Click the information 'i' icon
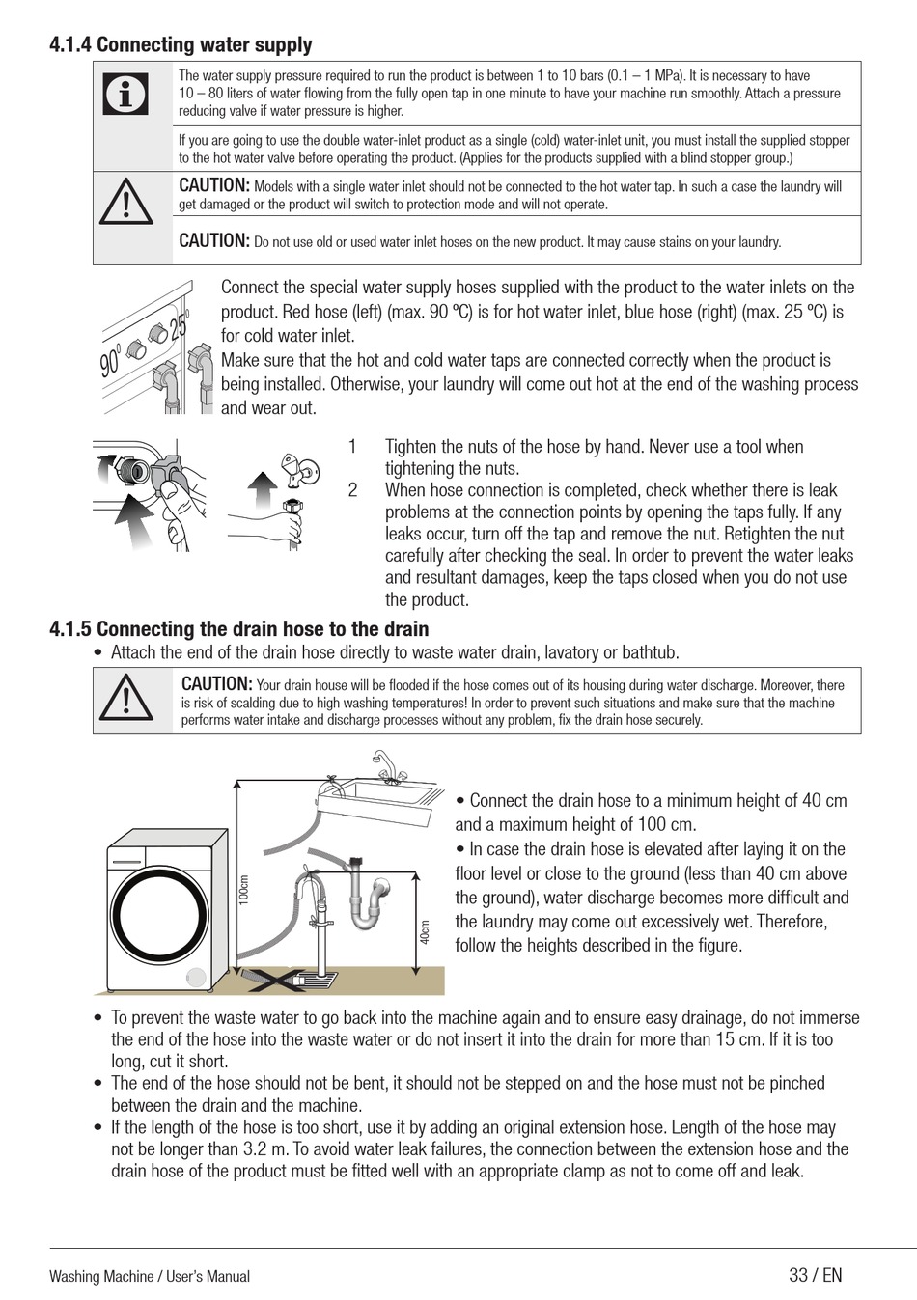pyautogui.click(x=125, y=94)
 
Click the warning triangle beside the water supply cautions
pyautogui.click(x=125, y=202)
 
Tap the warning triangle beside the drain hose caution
pyautogui.click(x=125, y=697)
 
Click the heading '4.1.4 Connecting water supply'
pyautogui.click(x=181, y=44)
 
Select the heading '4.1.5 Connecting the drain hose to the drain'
pyautogui.click(x=239, y=629)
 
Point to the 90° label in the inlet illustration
pyautogui.click(x=111, y=360)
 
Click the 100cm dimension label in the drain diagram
pyautogui.click(x=244, y=890)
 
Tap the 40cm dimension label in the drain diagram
pyautogui.click(x=426, y=932)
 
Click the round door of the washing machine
pyautogui.click(x=158, y=917)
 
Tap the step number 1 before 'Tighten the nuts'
pyautogui.click(x=352, y=447)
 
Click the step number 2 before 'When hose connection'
pyautogui.click(x=352, y=490)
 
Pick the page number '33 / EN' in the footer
pyautogui.click(x=815, y=1275)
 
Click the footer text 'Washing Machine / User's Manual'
pyautogui.click(x=150, y=1276)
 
